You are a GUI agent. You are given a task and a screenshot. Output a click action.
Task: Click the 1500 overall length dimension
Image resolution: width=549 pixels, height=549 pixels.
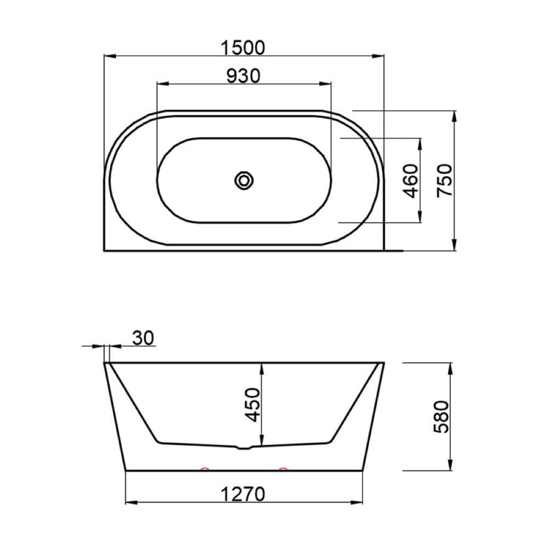[x=243, y=48]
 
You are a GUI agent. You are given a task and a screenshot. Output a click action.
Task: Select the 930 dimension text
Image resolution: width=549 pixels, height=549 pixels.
[x=243, y=76]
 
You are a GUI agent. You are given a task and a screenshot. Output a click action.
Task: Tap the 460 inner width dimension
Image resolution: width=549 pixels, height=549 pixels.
[x=411, y=181]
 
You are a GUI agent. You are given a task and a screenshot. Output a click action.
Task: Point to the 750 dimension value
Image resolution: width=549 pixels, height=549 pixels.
[x=445, y=181]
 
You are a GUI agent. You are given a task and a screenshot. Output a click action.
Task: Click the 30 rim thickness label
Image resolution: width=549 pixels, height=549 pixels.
[x=143, y=338]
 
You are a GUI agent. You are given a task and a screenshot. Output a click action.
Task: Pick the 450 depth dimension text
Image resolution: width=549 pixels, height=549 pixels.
[x=253, y=405]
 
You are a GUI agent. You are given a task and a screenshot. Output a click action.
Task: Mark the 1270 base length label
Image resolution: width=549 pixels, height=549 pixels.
[x=243, y=495]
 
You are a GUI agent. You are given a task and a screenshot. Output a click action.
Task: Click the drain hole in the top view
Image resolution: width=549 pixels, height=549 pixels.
[x=244, y=181]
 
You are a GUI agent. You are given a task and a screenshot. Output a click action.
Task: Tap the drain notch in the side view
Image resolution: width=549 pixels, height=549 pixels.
[x=244, y=447]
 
